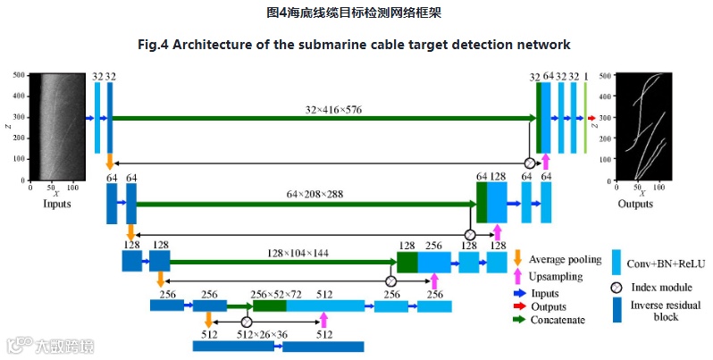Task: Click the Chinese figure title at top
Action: pyautogui.click(x=355, y=13)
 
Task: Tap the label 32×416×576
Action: pyautogui.click(x=333, y=110)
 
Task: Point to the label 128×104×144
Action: pyautogui.click(x=298, y=253)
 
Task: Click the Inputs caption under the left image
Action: pyautogui.click(x=57, y=204)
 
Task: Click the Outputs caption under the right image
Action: pyautogui.click(x=635, y=204)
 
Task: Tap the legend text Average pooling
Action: pyautogui.click(x=560, y=260)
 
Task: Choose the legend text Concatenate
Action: pyautogui.click(x=557, y=320)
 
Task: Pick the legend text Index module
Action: pyautogui.click(x=663, y=287)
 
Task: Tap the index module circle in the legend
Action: pyautogui.click(x=617, y=288)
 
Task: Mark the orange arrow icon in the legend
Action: pyautogui.click(x=517, y=258)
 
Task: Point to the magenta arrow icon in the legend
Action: pyautogui.click(x=517, y=278)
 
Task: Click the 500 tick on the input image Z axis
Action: pyautogui.click(x=18, y=76)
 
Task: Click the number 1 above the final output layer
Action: pyautogui.click(x=586, y=78)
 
